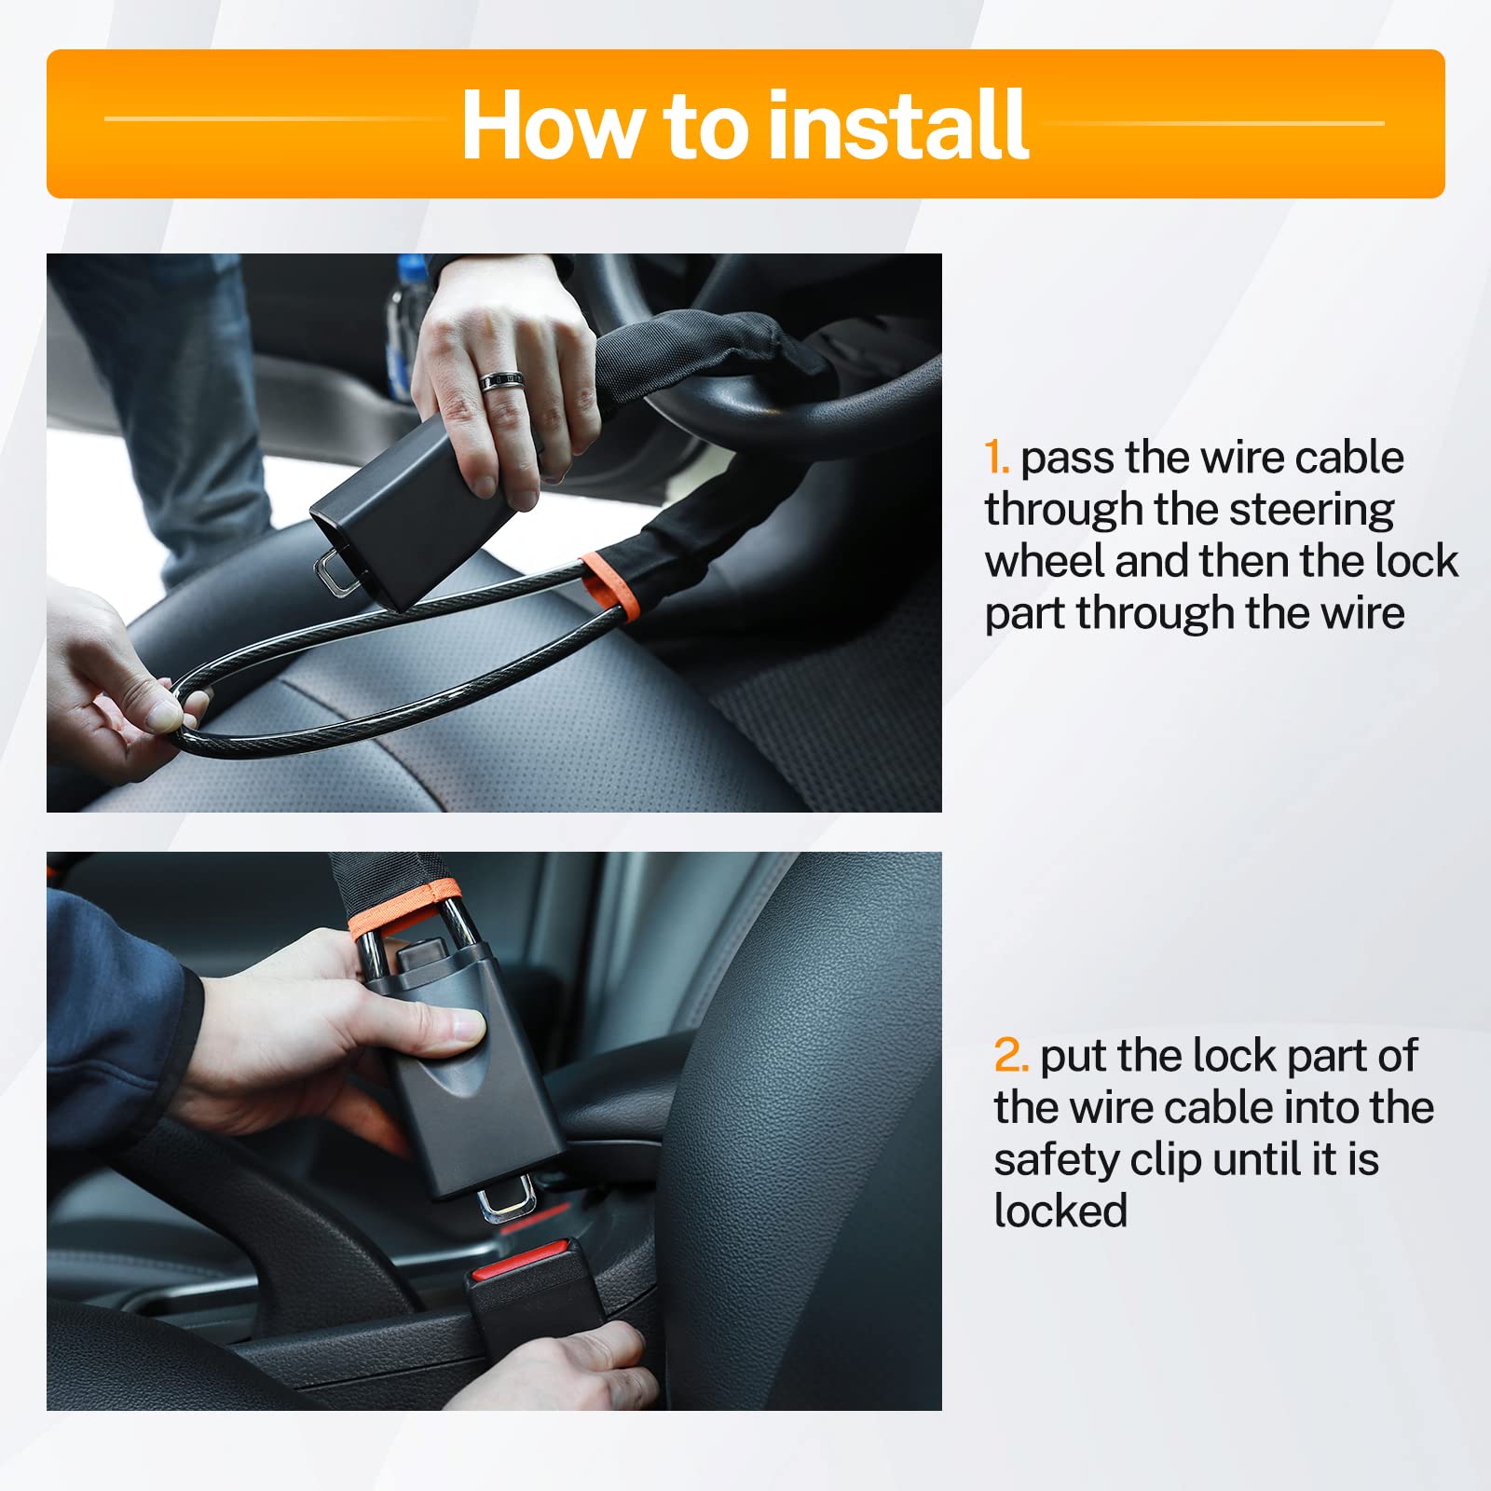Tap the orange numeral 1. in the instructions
click(996, 458)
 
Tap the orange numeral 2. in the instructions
click(1010, 1056)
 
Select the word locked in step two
click(1060, 1211)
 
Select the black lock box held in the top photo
click(410, 513)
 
